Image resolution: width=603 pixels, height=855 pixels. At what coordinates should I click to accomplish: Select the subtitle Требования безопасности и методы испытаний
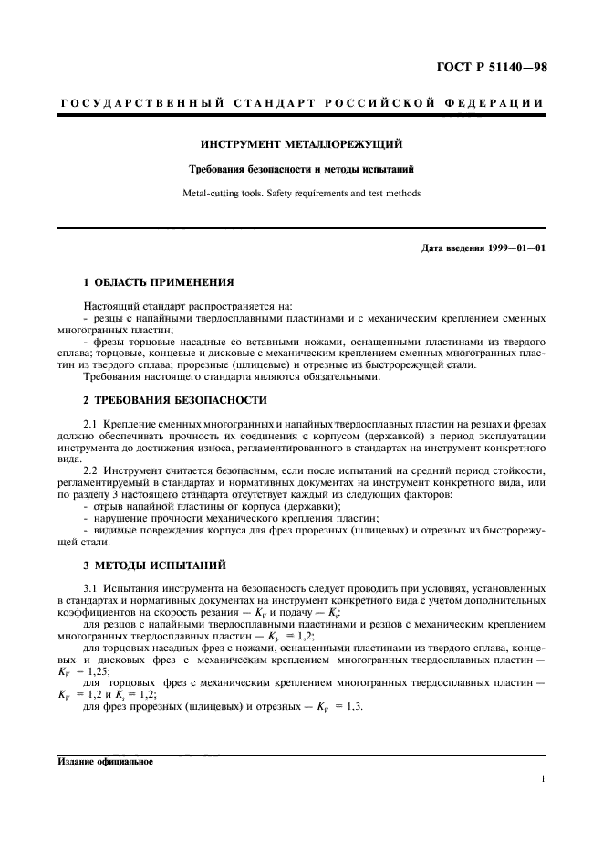(301, 169)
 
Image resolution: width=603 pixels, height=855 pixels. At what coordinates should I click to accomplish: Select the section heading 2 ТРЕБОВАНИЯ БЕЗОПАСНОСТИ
(175, 400)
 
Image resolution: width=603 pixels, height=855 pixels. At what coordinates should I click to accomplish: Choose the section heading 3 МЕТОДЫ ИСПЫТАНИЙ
(155, 565)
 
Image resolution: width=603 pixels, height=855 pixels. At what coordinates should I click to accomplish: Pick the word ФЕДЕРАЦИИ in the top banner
(498, 103)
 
